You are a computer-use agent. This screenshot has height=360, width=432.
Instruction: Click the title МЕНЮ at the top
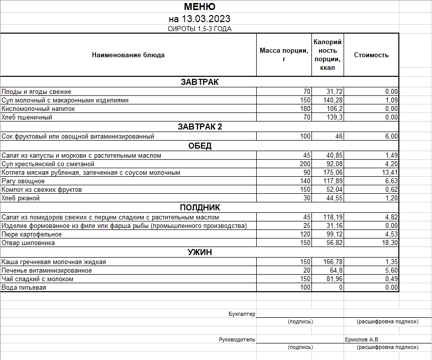click(199, 7)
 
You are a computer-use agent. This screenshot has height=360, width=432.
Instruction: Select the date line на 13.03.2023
click(199, 19)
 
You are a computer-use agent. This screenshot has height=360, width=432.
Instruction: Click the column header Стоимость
click(371, 55)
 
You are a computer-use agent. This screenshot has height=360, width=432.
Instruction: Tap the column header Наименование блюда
click(128, 55)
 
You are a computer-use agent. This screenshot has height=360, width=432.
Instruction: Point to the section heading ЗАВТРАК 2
click(199, 127)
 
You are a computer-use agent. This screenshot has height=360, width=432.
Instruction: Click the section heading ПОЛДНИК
click(199, 208)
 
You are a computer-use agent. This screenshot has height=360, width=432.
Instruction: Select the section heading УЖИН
click(199, 253)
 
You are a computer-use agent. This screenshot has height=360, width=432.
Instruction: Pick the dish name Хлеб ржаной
click(21, 198)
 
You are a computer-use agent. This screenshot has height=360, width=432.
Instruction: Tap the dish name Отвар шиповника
click(28, 243)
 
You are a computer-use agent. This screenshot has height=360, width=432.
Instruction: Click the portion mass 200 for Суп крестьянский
click(305, 164)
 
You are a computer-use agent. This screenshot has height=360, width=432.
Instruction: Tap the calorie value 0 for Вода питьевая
click(340, 288)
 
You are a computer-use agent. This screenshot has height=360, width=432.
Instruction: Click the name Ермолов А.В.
click(362, 339)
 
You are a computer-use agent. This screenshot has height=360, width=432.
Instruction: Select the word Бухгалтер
click(242, 314)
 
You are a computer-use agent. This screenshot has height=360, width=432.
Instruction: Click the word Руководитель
click(237, 339)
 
